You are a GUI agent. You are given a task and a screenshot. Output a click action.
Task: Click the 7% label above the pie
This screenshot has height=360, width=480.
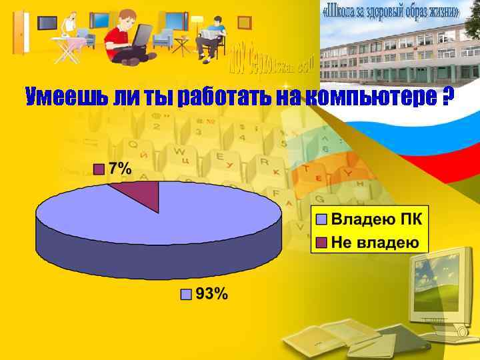click(119, 169)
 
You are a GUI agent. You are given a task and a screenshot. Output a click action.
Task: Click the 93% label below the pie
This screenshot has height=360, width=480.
click(211, 293)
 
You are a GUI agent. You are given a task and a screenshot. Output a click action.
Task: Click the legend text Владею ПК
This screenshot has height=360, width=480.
click(381, 219)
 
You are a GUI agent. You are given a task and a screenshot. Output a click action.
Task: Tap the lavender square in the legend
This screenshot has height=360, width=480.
click(321, 219)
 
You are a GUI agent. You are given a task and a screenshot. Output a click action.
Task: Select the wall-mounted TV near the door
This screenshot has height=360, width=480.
click(47, 23)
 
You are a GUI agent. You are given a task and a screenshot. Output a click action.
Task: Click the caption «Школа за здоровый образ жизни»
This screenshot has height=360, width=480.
click(391, 13)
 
